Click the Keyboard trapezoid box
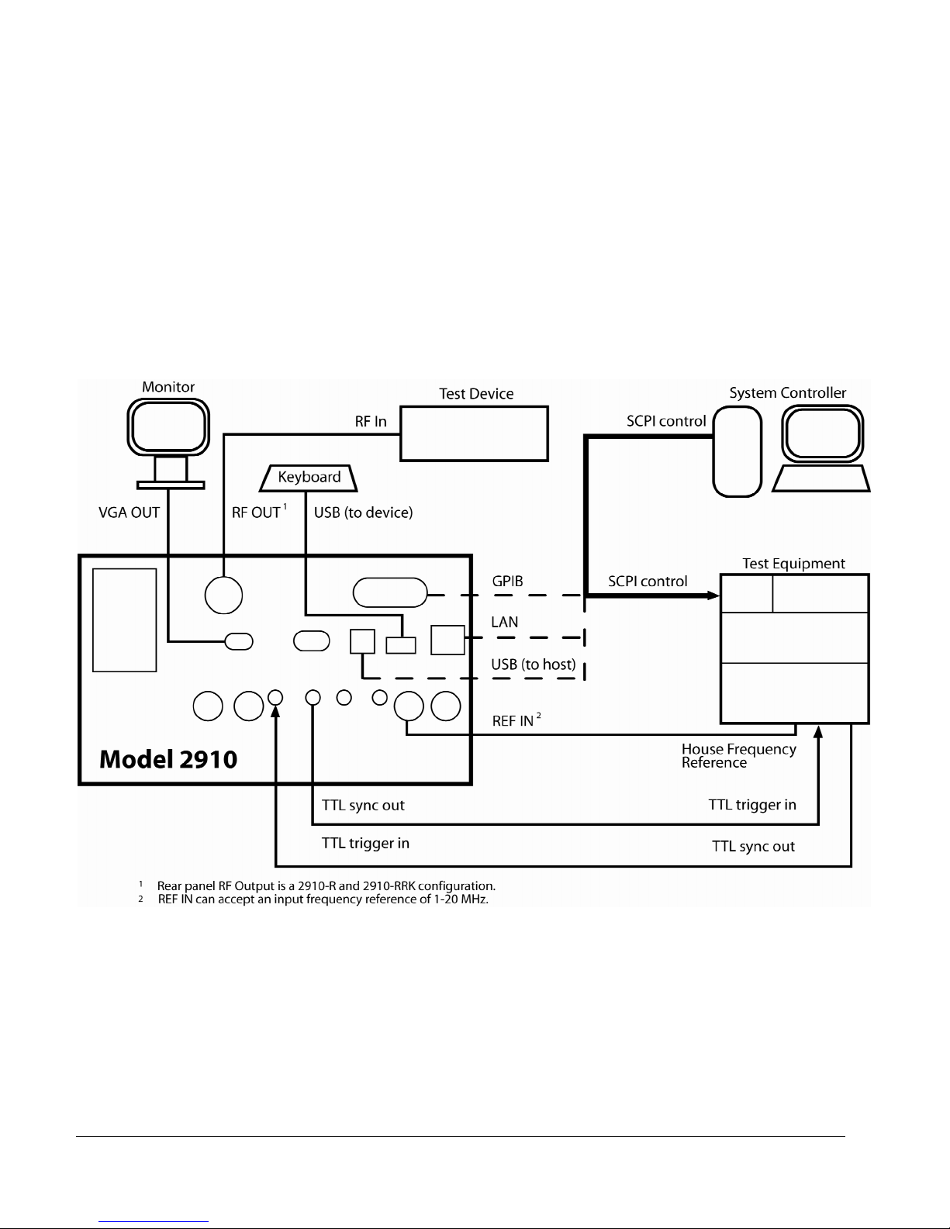pos(309,478)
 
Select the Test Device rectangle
pos(474,433)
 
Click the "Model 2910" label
pos(168,758)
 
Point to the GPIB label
pos(507,582)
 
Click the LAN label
pos(505,622)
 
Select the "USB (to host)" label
pos(534,665)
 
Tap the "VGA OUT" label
pos(129,513)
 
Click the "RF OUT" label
pos(257,513)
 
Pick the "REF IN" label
pos(513,721)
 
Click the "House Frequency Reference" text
pos(738,755)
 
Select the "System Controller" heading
pos(788,393)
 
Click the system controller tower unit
pos(737,452)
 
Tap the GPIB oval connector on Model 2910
pos(390,593)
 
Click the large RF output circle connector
pos(223,595)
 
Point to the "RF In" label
pos(371,421)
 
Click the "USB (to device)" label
pos(363,513)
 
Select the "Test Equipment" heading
pos(793,564)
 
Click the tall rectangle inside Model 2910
pos(124,620)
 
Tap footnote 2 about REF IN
pos(323,899)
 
